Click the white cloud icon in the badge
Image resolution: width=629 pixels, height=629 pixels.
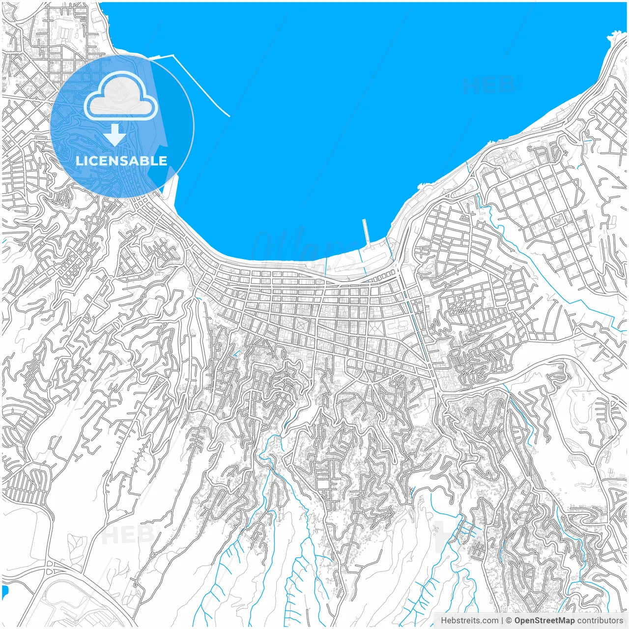point(121,96)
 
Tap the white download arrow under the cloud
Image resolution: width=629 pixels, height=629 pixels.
point(115,134)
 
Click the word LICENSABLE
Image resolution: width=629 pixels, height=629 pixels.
point(121,161)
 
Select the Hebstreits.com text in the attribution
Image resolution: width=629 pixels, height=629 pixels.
point(469,621)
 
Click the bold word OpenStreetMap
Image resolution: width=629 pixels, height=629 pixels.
point(544,621)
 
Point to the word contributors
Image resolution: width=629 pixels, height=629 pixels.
point(600,621)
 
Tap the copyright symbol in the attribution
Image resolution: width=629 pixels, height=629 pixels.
point(509,621)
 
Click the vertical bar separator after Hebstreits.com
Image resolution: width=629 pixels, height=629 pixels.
point(502,621)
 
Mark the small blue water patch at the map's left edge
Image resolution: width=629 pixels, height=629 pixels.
point(5,592)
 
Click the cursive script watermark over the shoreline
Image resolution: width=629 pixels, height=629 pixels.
point(305,246)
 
